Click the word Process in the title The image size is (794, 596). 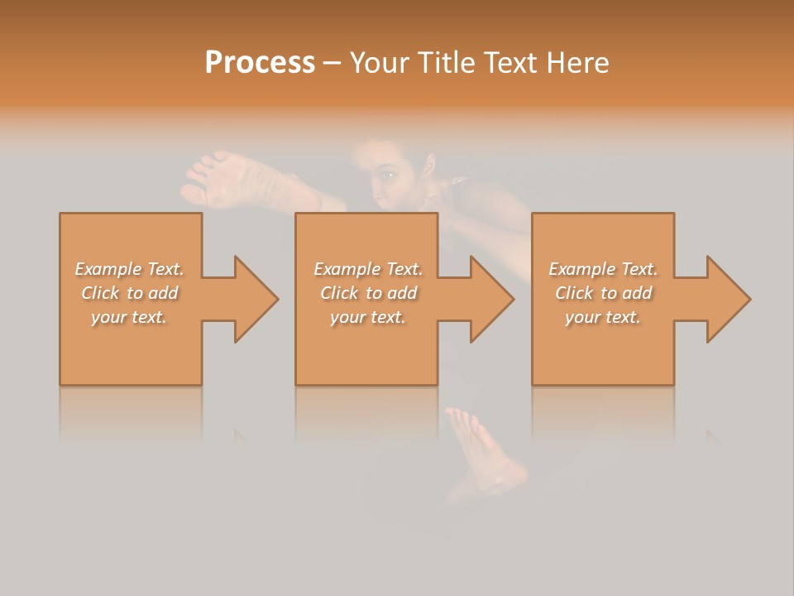260,63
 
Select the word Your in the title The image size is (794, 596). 379,63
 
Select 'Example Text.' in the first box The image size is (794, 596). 130,269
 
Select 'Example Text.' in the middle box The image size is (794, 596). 368,269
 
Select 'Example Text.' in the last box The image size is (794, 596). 603,269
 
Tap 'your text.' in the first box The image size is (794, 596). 129,317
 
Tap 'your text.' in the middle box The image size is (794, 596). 368,317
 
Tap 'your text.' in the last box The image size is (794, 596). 603,317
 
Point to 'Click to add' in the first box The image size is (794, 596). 130,293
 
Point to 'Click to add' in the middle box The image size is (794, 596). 368,293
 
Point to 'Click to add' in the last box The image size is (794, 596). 603,293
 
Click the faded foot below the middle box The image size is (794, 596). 488,455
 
